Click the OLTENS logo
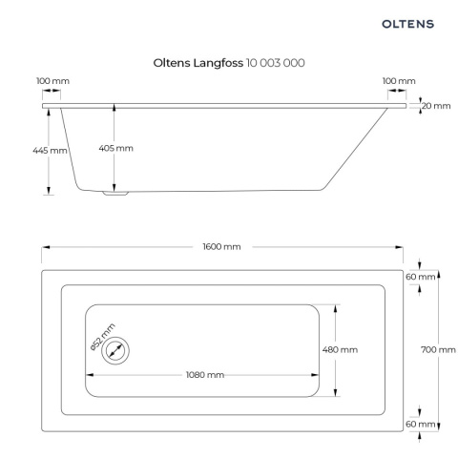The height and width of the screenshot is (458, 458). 407,24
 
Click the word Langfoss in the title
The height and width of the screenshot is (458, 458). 219,63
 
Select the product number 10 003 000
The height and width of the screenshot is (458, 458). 276,63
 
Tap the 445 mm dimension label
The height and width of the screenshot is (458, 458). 50,150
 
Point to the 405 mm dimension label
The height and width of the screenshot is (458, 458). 115,148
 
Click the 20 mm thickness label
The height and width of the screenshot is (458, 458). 436,106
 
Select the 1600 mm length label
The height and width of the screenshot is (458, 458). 221,247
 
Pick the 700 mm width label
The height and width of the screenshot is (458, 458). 438,350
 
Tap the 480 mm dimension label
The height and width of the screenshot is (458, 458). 340,350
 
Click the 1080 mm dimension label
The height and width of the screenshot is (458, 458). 205,375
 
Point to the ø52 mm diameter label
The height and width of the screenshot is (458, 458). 102,337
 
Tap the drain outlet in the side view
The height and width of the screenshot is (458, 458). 115,193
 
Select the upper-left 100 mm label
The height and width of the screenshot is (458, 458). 52,81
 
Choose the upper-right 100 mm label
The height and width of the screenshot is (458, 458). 399,81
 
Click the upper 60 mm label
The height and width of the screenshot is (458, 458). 420,277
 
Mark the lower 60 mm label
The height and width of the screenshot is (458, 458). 420,424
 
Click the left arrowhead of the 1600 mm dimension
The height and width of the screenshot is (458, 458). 46,247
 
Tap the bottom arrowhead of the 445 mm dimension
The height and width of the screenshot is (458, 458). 49,191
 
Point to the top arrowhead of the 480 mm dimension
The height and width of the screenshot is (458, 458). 335,309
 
